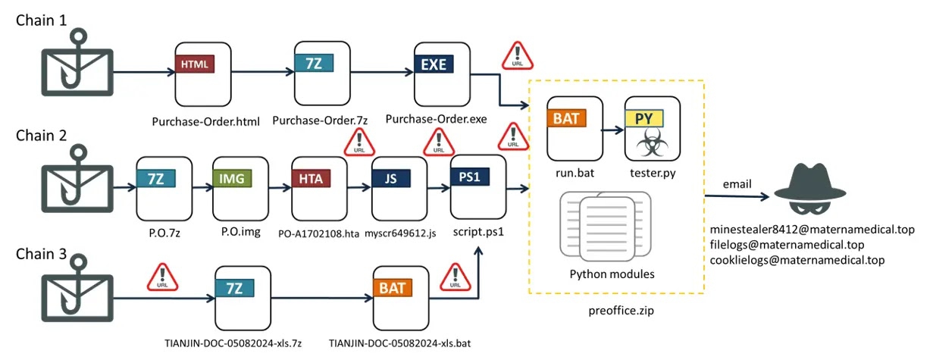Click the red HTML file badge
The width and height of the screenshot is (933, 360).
point(195,64)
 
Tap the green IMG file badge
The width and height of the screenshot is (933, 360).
point(232,178)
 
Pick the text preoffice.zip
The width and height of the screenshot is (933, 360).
point(617,309)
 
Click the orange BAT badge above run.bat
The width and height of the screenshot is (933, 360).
point(566,118)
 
